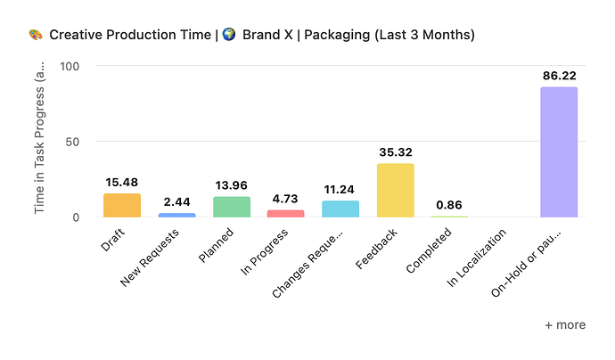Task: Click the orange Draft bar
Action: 122,206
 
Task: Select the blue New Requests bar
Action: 176,215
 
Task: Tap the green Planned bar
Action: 231,207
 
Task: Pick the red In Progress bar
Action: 285,214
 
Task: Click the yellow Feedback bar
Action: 395,191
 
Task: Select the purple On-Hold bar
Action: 558,152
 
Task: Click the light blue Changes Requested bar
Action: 340,209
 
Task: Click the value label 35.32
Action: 395,152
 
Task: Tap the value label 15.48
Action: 122,183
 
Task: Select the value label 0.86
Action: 450,204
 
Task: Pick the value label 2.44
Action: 176,202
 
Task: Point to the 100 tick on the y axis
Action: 70,66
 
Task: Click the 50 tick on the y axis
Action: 73,142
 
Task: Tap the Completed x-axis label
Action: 429,253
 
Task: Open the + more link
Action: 565,325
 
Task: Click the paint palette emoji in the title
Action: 35,36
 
